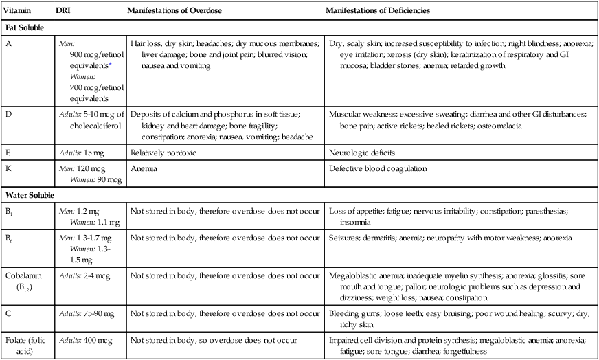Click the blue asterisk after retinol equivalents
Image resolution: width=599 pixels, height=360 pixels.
[x=110, y=64]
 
